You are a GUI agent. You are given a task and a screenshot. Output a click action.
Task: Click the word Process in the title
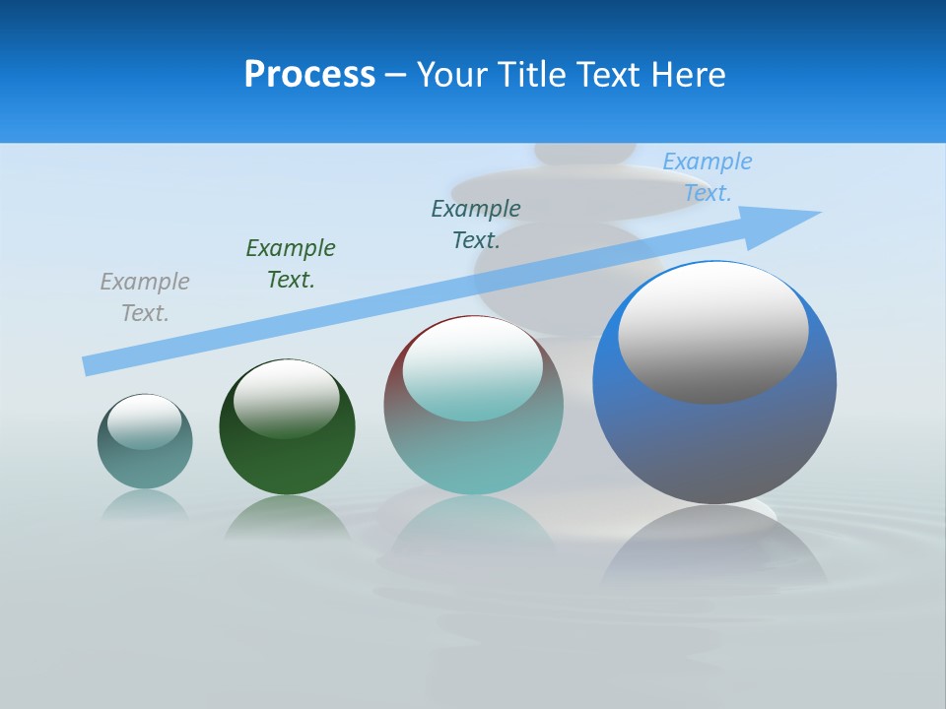point(309,75)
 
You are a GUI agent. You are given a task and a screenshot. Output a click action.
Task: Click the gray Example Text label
point(145,297)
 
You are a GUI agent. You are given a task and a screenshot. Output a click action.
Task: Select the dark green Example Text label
point(291,264)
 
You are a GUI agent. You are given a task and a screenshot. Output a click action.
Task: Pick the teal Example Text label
point(476,225)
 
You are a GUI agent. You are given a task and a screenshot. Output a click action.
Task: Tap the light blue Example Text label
point(708,177)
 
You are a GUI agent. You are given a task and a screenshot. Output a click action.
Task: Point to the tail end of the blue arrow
point(89,365)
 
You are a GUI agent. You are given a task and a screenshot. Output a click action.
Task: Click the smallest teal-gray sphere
point(145,463)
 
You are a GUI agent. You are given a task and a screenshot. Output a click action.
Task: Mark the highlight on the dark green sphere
point(287,398)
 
